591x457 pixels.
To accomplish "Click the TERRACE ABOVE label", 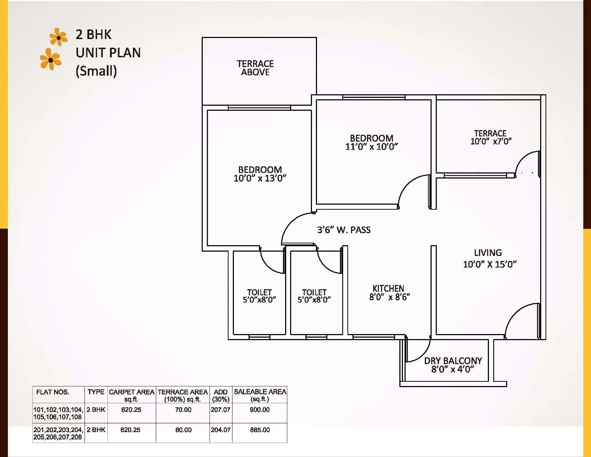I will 255,68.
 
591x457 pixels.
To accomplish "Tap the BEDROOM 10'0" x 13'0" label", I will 260,174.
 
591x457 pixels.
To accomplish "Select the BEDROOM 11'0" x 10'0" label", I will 371,142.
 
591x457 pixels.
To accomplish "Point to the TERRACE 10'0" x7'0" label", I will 490,138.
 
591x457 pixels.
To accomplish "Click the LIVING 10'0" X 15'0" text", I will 489,258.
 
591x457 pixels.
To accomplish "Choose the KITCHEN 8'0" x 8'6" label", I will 389,293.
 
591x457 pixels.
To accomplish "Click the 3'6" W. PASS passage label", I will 344,230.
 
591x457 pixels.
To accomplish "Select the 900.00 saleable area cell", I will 260,410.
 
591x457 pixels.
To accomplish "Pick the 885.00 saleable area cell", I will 260,430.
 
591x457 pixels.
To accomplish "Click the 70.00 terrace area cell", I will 183,410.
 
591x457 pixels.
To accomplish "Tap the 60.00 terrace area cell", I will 183,430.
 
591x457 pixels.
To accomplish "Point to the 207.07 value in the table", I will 220,410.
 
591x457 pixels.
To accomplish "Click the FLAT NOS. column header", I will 53,392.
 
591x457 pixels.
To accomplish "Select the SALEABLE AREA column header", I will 260,395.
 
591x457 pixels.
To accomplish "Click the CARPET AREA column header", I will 131,395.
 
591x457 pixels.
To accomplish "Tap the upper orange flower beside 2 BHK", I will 58,37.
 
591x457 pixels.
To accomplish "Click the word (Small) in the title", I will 96,71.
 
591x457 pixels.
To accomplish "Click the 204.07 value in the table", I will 220,430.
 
